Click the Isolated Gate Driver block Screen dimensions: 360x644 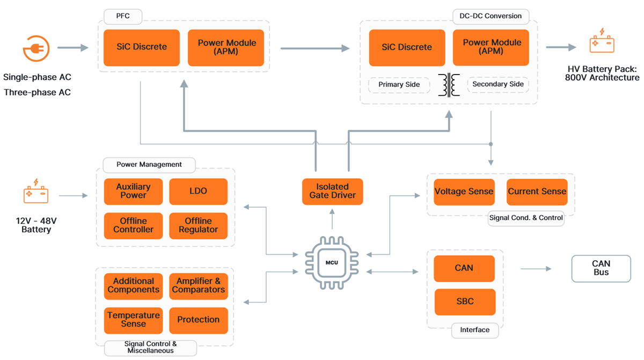pyautogui.click(x=332, y=192)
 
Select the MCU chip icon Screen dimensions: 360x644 pyautogui.click(x=332, y=263)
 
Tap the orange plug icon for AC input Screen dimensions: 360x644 pyautogui.click(x=36, y=48)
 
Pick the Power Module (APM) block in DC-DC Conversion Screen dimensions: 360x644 pyautogui.click(x=491, y=47)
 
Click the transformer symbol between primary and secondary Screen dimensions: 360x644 pyautogui.click(x=449, y=85)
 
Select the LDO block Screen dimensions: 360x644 pyautogui.click(x=198, y=192)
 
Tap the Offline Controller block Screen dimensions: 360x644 pyautogui.click(x=133, y=225)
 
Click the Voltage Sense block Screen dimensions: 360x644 pyautogui.click(x=464, y=192)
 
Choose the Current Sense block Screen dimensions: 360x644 pyautogui.click(x=537, y=192)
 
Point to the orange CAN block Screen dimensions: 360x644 pyautogui.click(x=464, y=268)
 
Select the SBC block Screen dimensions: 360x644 pyautogui.click(x=465, y=302)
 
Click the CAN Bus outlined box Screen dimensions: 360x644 pyautogui.click(x=601, y=268)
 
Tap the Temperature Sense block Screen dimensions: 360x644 pyautogui.click(x=133, y=320)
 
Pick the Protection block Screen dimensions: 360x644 pyautogui.click(x=198, y=320)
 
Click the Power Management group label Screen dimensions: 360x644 pyautogui.click(x=149, y=165)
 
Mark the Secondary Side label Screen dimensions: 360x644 pyautogui.click(x=497, y=84)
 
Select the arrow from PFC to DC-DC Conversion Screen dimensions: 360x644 pyautogui.click(x=314, y=48)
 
